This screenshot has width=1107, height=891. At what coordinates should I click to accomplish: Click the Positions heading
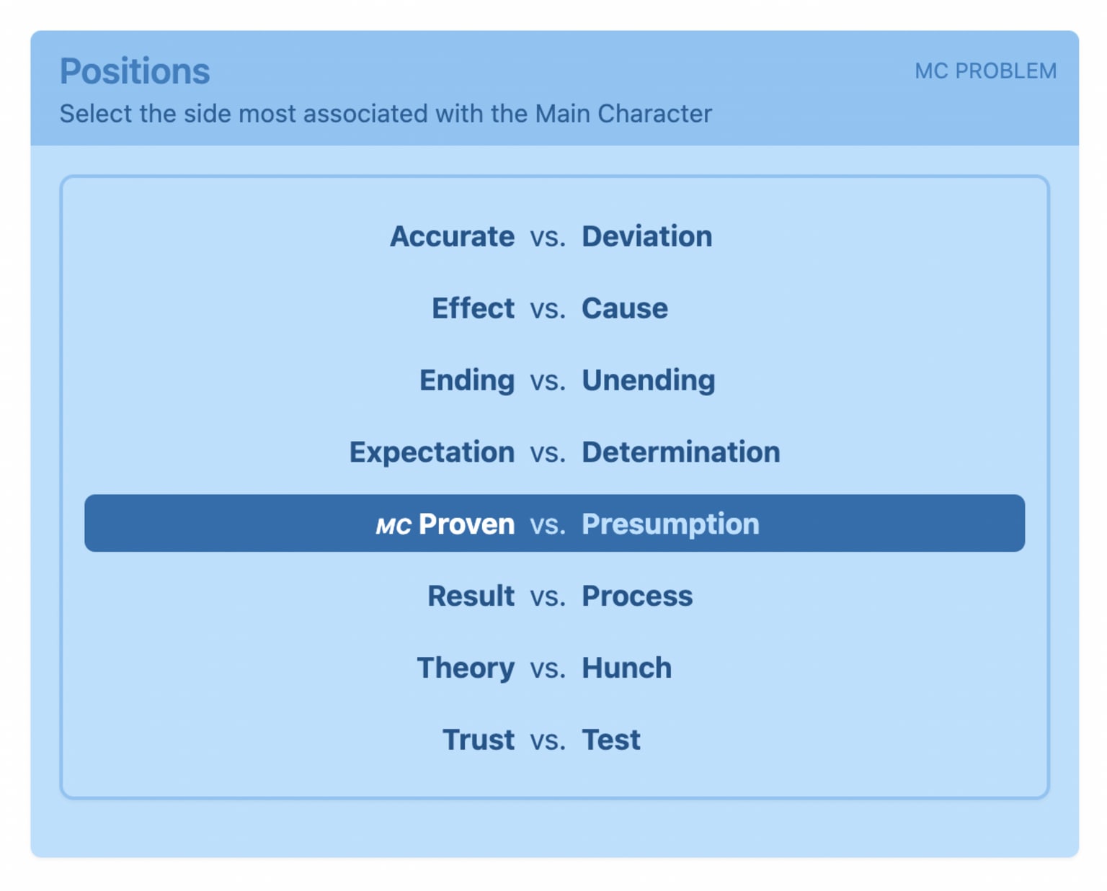135,71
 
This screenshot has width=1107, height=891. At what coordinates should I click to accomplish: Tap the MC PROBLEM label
985,71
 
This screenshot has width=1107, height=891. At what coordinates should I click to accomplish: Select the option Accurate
452,236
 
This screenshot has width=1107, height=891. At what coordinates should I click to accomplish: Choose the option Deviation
646,236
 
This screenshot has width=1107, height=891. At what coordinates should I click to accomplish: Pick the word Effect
473,308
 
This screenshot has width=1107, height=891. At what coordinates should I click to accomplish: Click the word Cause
624,308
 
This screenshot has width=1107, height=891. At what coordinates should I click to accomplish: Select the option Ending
466,381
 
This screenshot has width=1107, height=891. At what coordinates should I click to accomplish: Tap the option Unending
648,381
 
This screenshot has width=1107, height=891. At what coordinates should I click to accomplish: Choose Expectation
432,453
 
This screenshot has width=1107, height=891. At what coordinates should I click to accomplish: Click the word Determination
680,452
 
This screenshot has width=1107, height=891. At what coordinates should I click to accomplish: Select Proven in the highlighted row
466,524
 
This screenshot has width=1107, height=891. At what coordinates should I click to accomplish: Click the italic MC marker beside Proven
394,526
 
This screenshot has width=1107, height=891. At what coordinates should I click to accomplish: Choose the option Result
471,596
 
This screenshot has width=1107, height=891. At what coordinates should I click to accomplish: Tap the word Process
637,596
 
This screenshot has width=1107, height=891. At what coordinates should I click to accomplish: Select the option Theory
466,668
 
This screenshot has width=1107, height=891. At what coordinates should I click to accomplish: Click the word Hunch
626,668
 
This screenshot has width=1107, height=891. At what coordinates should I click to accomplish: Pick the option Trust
479,740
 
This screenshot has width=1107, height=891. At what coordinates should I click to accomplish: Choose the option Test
611,740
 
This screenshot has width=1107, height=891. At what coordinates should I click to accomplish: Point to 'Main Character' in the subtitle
623,114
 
